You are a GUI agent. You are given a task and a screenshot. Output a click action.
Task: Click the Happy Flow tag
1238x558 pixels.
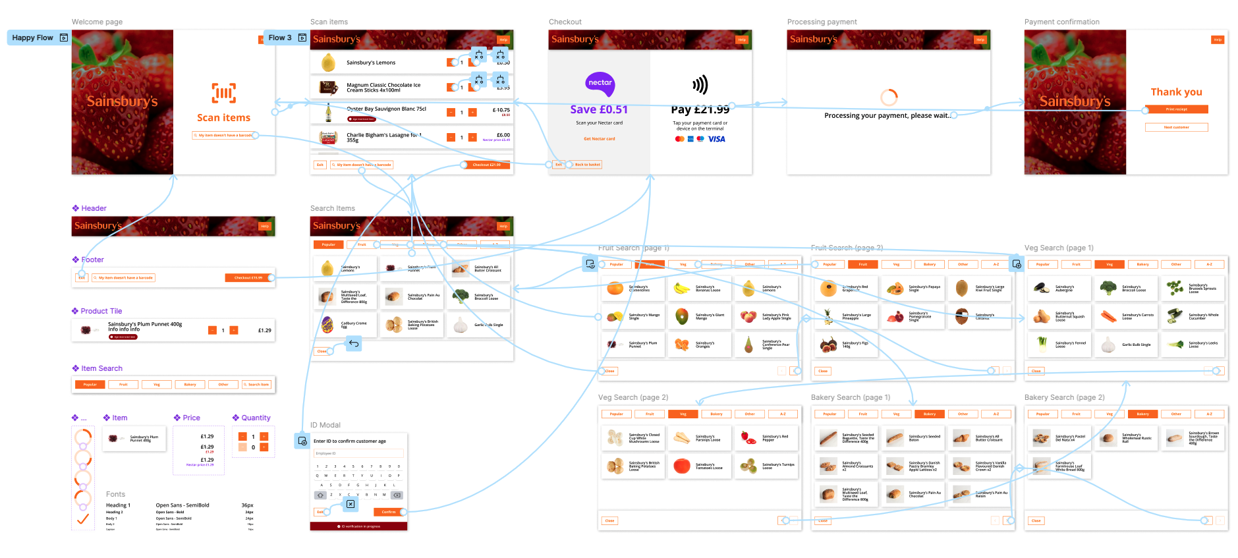tap(33, 38)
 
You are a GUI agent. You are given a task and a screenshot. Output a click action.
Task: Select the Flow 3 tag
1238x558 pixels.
tap(280, 38)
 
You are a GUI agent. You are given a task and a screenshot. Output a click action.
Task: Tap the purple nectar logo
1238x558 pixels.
tap(600, 83)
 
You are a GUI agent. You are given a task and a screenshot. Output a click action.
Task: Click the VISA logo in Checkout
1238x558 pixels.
tap(716, 139)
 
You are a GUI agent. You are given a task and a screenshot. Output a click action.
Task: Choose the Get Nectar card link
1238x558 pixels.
tap(599, 139)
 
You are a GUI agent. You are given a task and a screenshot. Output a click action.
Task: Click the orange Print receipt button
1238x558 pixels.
tap(1176, 109)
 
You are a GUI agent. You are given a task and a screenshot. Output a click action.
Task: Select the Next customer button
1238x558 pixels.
tap(1176, 127)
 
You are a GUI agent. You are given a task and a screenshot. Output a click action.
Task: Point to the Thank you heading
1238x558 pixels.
tap(1176, 92)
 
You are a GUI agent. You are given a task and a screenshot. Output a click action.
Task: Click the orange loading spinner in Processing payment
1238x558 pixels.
tap(889, 98)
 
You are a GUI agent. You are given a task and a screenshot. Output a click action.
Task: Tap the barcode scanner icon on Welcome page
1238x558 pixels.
tap(223, 93)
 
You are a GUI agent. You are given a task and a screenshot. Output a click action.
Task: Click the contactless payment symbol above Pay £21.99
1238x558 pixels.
tap(700, 84)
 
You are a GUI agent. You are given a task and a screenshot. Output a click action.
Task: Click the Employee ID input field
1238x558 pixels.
tap(358, 453)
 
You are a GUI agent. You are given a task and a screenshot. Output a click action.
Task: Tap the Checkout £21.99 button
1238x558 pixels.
tap(486, 165)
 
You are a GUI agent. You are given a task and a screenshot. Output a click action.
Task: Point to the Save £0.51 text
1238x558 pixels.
tap(599, 109)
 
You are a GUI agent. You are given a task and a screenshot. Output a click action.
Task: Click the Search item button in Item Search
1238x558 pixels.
tap(258, 384)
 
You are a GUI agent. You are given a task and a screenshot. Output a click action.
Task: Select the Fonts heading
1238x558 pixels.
tap(115, 494)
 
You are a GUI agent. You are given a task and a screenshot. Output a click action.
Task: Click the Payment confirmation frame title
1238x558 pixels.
tap(1061, 22)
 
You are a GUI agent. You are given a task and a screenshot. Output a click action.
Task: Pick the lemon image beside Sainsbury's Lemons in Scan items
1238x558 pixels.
tap(328, 63)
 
